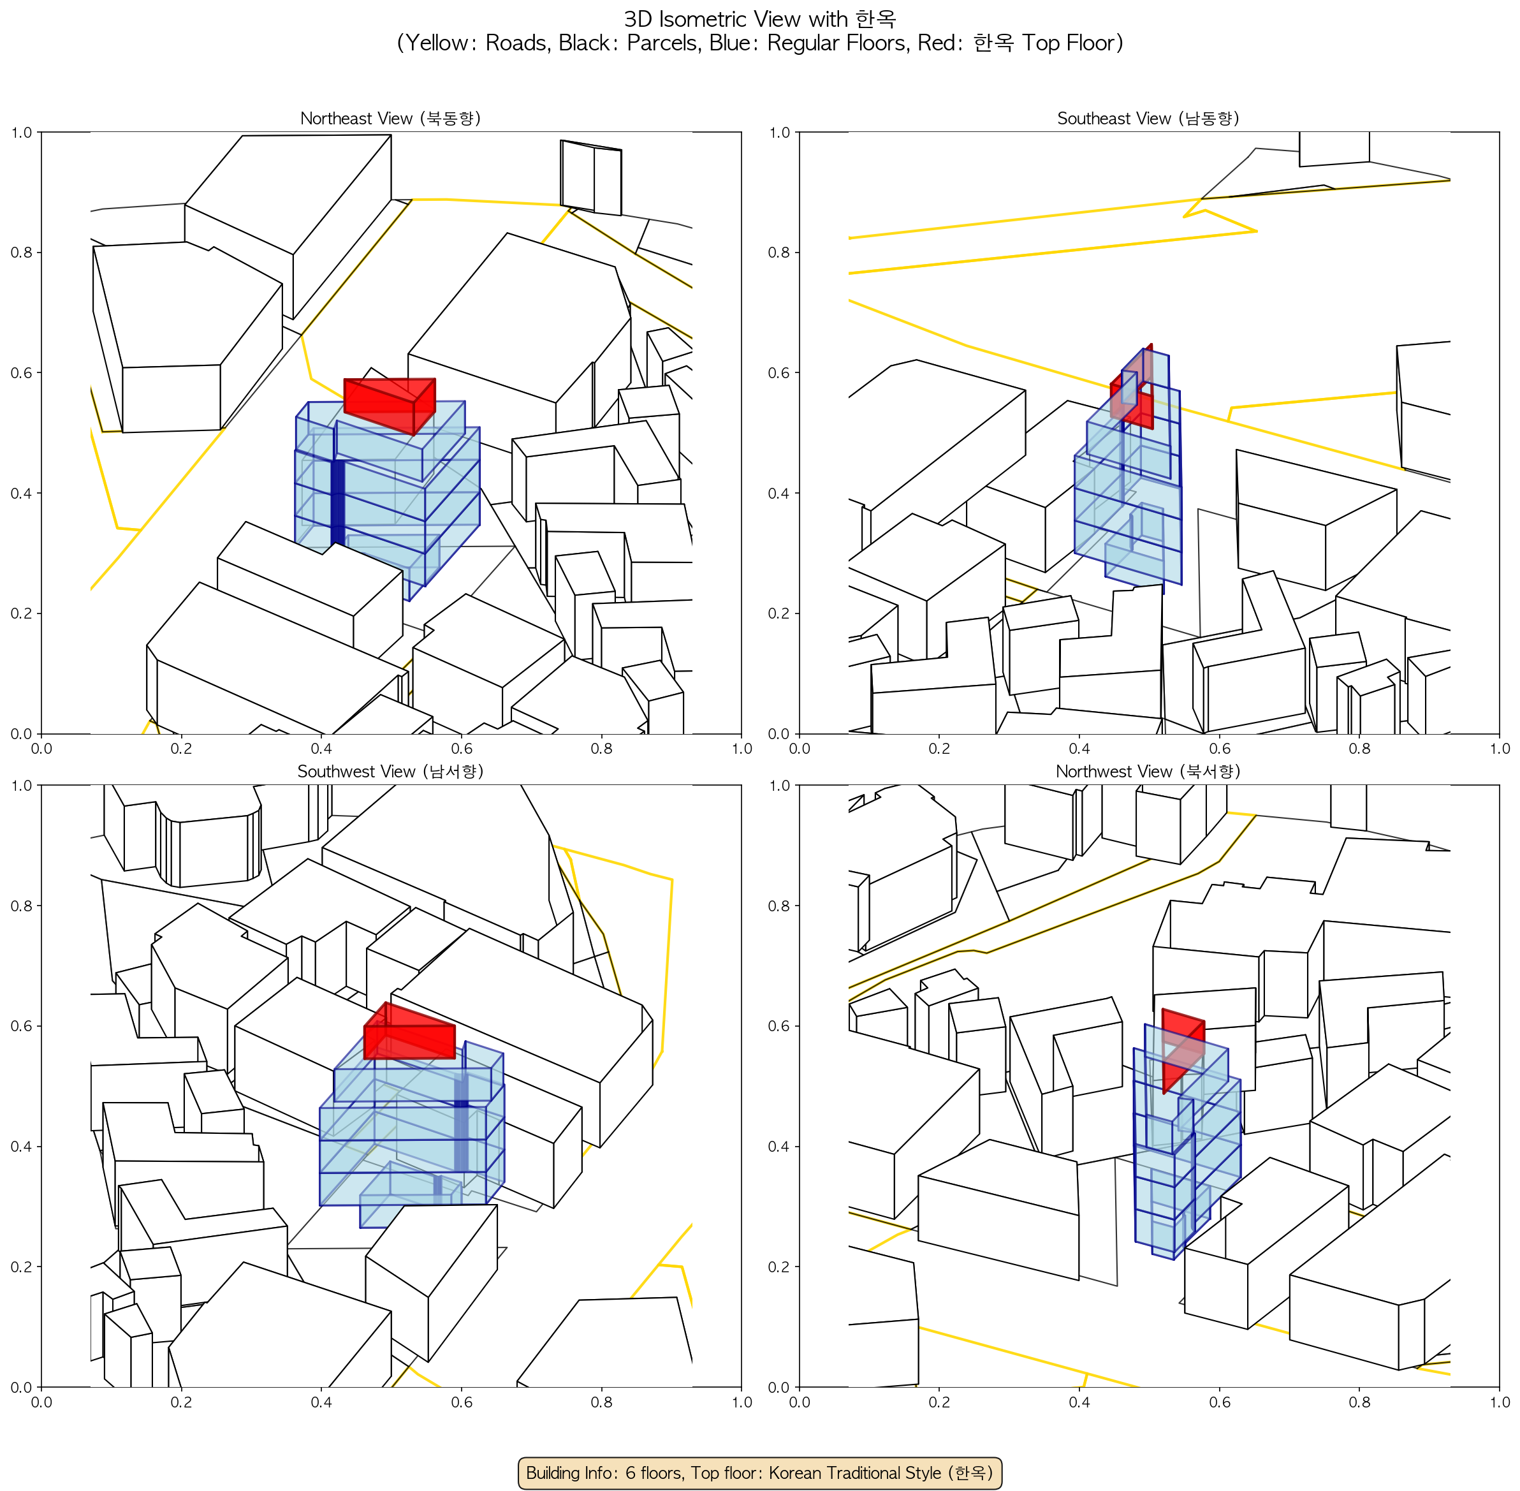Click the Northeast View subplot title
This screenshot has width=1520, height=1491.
(390, 118)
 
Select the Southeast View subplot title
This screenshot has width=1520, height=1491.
(1148, 118)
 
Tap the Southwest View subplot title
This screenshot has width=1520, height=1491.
(390, 772)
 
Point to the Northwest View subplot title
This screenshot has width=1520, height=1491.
(1148, 772)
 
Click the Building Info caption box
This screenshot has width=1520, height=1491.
(759, 1473)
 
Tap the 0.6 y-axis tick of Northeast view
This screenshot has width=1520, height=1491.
(21, 372)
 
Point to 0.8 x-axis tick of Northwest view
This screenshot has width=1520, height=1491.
(1359, 1402)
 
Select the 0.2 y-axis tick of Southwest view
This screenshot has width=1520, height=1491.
(21, 1267)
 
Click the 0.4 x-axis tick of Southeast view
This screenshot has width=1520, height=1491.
(1079, 749)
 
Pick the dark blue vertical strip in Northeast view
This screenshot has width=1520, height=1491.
(337, 502)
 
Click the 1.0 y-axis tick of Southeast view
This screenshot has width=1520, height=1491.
(779, 133)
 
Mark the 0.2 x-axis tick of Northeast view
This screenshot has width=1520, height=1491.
(181, 749)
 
